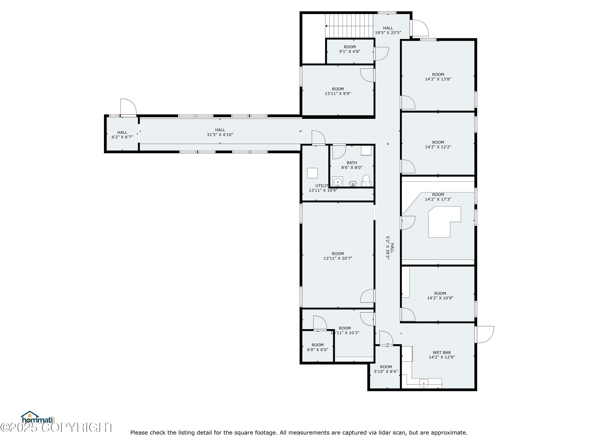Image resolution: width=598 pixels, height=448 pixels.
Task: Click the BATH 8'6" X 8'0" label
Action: pyautogui.click(x=352, y=165)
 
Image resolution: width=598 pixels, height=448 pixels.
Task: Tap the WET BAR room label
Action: pyautogui.click(x=442, y=355)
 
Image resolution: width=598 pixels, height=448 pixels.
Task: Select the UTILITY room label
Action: pyautogui.click(x=323, y=188)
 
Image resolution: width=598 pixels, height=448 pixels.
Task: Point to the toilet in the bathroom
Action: pyautogui.click(x=366, y=180)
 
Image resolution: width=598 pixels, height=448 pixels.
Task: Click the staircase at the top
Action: pyautogui.click(x=349, y=26)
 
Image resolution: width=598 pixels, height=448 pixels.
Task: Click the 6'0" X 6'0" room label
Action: pyautogui.click(x=318, y=347)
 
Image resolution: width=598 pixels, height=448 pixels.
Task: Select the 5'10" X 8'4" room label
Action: pyautogui.click(x=386, y=369)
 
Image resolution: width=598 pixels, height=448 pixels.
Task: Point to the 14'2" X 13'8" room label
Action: pyautogui.click(x=438, y=77)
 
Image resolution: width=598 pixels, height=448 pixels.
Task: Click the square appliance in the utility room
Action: pyautogui.click(x=313, y=173)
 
